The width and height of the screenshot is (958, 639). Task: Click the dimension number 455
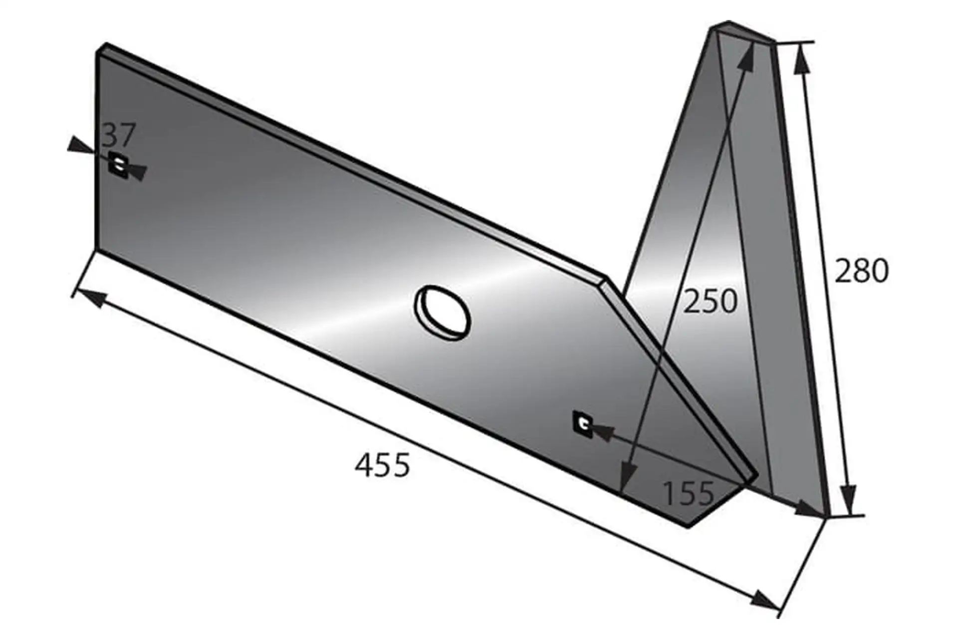pos(382,465)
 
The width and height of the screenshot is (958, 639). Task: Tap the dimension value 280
pos(862,271)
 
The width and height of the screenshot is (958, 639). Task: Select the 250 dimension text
pos(710,301)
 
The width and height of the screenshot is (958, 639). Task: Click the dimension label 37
pos(119,135)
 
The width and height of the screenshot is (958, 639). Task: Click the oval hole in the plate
pos(443,313)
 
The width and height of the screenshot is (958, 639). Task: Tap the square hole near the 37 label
pos(119,163)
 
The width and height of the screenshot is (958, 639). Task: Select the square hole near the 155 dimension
pos(583,424)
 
